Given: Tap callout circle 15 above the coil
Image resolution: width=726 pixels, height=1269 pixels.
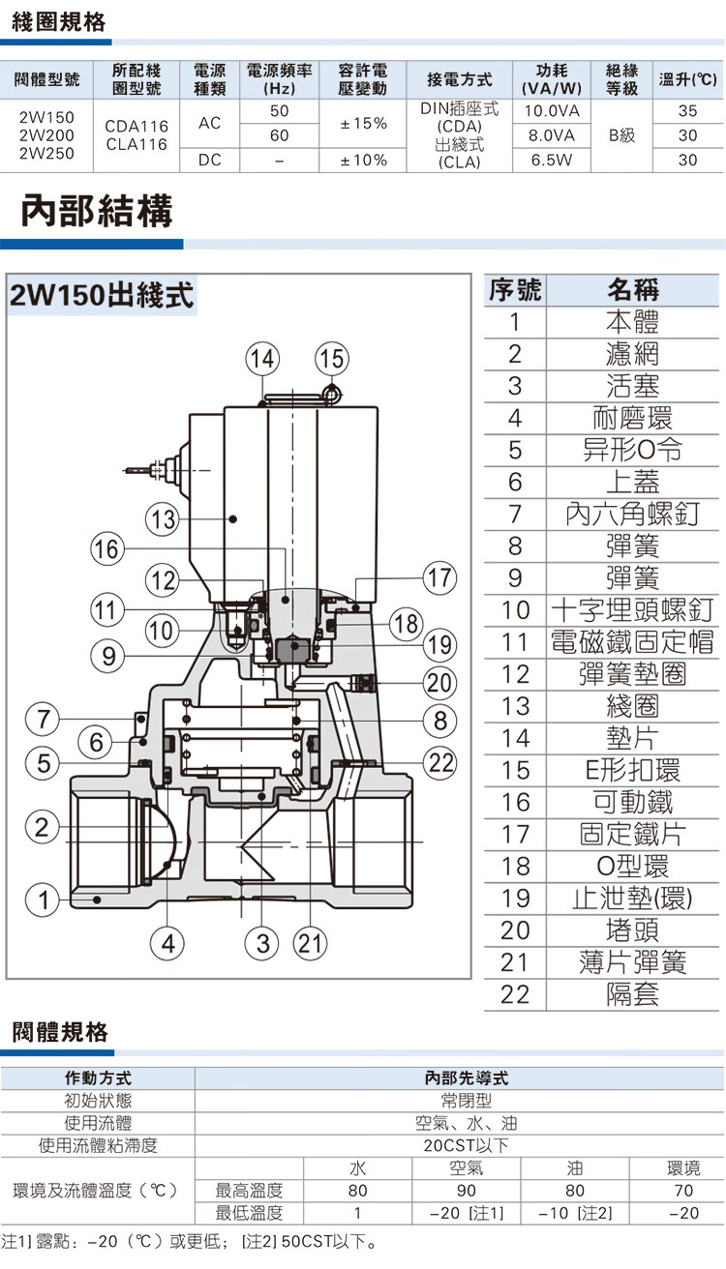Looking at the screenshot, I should (x=331, y=358).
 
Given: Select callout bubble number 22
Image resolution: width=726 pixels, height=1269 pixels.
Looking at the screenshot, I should (x=440, y=762).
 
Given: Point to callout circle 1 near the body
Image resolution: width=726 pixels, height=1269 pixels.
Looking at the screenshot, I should (x=41, y=899).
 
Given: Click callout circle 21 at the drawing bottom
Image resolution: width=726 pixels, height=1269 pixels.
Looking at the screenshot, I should (x=311, y=943).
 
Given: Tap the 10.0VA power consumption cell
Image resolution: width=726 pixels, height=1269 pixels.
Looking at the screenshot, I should (x=550, y=111).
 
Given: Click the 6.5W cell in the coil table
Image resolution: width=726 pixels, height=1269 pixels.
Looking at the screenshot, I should (x=550, y=160).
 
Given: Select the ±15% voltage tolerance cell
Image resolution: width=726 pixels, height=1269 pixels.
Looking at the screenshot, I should (x=364, y=124).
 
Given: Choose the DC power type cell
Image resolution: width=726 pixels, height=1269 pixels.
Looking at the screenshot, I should (x=210, y=160).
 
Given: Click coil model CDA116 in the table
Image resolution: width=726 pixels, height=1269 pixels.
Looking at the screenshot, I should (x=136, y=126).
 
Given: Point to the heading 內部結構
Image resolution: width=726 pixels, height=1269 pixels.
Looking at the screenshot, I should (x=97, y=211).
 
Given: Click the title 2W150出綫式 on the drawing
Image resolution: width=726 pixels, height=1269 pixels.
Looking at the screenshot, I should (x=102, y=295).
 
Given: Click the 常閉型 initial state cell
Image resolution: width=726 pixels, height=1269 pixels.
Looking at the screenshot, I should (x=459, y=1101).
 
